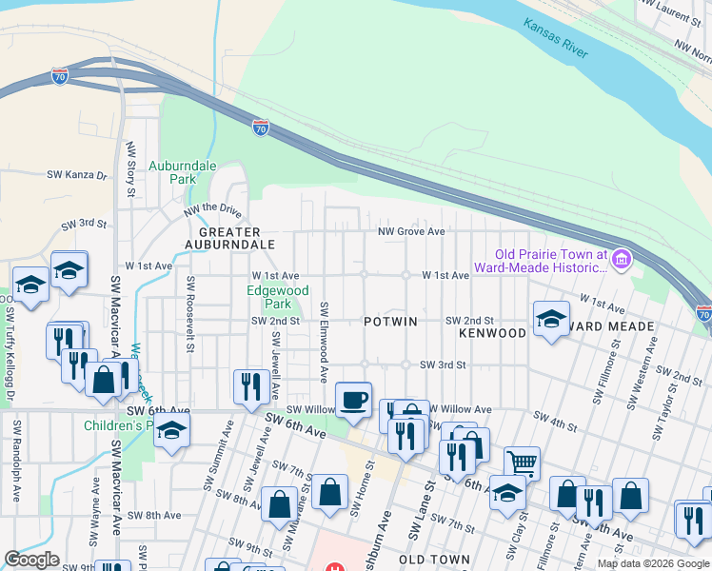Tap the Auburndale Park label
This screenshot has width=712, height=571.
pos(183,171)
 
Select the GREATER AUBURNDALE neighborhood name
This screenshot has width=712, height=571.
pos(236,238)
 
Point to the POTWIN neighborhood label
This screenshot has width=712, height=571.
pos(390,322)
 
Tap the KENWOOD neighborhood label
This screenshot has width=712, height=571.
pos(492,333)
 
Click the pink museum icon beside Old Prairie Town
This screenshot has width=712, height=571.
pos(622,258)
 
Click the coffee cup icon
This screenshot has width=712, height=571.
pos(354,399)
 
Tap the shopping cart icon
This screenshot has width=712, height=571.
pos(522,463)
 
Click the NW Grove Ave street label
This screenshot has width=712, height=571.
pos(410,231)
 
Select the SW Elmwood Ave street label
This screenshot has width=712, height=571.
pos(325,337)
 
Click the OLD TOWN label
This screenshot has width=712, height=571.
pos(434,560)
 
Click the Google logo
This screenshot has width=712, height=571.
pos(32,560)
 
